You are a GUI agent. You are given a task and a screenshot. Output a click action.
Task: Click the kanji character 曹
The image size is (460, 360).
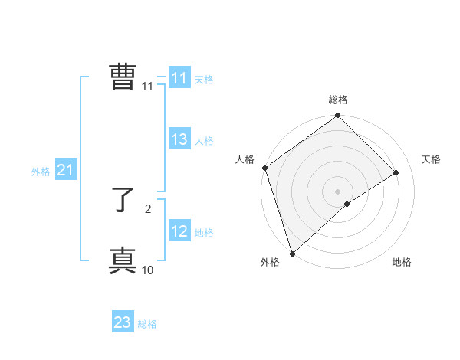coord(123,78)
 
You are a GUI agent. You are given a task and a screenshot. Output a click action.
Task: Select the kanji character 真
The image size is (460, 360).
coord(123,261)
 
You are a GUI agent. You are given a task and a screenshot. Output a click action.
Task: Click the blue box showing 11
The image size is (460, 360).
coord(179,78)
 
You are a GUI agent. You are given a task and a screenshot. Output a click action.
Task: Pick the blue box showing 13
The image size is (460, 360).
coord(179,139)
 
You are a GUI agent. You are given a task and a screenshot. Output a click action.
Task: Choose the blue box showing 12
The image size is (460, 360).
coord(179,231)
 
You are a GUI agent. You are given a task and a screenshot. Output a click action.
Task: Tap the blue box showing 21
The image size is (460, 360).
coord(65,171)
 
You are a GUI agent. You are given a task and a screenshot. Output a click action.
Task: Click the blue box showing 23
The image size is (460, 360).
coord(123,322)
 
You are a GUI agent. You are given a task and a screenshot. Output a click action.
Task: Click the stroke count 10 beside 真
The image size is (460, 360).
coord(148,270)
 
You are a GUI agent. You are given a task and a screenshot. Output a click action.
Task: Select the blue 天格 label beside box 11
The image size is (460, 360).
coord(204,80)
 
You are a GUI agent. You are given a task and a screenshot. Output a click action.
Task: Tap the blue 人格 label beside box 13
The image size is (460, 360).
coord(204,141)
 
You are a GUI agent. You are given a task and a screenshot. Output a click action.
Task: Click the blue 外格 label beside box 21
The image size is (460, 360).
coord(41,172)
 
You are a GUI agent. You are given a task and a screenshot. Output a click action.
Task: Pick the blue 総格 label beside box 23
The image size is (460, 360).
coord(147,324)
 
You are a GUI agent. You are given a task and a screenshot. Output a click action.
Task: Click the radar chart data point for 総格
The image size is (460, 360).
coord(338,116)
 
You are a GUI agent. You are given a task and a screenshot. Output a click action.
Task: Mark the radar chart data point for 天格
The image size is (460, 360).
coord(396,172)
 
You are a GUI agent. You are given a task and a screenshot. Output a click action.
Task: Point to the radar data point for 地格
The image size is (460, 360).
coord(347,204)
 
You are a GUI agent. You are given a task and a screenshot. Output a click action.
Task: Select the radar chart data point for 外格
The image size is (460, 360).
coord(291,253)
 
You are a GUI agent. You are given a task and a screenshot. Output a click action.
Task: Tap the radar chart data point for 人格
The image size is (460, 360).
coord(264,168)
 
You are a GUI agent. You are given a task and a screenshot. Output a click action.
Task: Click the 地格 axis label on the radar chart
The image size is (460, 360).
coord(402,262)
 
